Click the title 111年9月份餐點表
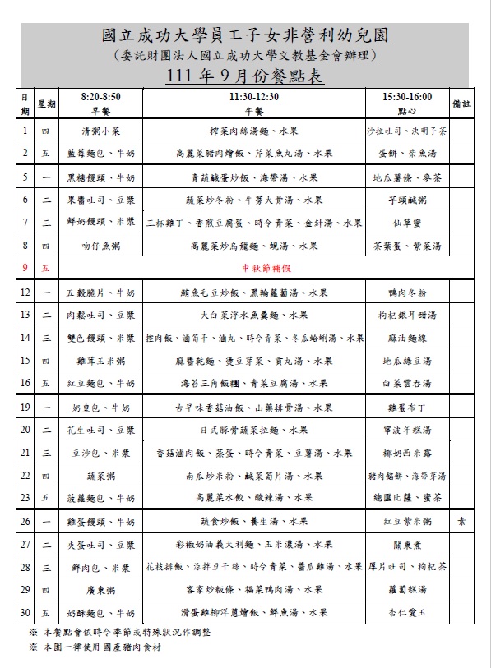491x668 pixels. pyautogui.click(x=245, y=76)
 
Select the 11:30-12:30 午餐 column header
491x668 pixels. pyautogui.click(x=254, y=104)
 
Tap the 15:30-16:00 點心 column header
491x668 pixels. pyautogui.click(x=407, y=104)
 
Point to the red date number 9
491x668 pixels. pyautogui.click(x=25, y=268)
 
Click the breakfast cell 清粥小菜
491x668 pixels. pyautogui.click(x=100, y=131)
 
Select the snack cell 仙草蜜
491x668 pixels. pyautogui.click(x=407, y=223)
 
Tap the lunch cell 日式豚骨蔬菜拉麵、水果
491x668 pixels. pyautogui.click(x=253, y=430)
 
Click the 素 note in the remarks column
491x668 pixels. pyautogui.click(x=461, y=521)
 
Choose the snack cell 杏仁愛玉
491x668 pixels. pyautogui.click(x=407, y=612)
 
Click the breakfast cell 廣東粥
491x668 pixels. pyautogui.click(x=100, y=589)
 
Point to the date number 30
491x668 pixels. pyautogui.click(x=25, y=612)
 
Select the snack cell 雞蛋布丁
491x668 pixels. pyautogui.click(x=407, y=407)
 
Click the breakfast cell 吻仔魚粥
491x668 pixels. pyautogui.click(x=100, y=246)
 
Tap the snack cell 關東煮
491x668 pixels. pyautogui.click(x=407, y=544)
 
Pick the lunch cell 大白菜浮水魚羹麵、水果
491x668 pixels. pyautogui.click(x=254, y=315)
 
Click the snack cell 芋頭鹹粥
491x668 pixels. pyautogui.click(x=407, y=200)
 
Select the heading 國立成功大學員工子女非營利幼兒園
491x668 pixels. pyautogui.click(x=245, y=35)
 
